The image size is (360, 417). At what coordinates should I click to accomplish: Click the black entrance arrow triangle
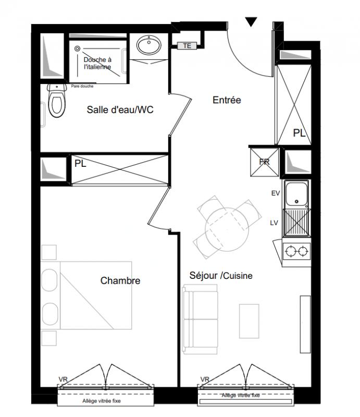pyautogui.click(x=251, y=21)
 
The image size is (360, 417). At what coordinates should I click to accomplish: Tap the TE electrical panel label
pyautogui.click(x=187, y=46)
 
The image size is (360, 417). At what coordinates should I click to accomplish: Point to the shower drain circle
pyautogui.click(x=78, y=48)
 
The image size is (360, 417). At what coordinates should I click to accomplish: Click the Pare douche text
pyautogui.click(x=82, y=86)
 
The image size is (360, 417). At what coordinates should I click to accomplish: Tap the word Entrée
pyautogui.click(x=227, y=100)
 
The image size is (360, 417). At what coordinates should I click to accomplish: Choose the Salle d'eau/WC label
pyautogui.click(x=120, y=109)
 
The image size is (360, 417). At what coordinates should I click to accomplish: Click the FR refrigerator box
pyautogui.click(x=265, y=162)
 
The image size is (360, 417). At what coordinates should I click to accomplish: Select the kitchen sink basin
pyautogui.click(x=296, y=194)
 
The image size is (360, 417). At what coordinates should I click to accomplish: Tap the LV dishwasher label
pyautogui.click(x=274, y=223)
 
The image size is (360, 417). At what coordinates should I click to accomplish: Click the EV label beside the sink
pyautogui.click(x=276, y=193)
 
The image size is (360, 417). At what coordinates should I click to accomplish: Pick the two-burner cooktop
pyautogui.click(x=296, y=251)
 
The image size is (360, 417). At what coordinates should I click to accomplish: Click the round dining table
pyautogui.click(x=227, y=229)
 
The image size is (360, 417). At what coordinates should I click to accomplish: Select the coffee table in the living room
pyautogui.click(x=249, y=321)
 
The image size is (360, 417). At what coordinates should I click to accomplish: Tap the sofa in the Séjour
pyautogui.click(x=200, y=319)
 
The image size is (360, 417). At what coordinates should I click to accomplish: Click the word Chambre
pyautogui.click(x=120, y=280)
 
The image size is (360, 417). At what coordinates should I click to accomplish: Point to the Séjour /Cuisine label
pyautogui.click(x=221, y=276)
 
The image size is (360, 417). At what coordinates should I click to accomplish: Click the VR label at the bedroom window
pyautogui.click(x=63, y=379)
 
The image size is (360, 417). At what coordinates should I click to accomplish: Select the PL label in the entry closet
pyautogui.click(x=299, y=133)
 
